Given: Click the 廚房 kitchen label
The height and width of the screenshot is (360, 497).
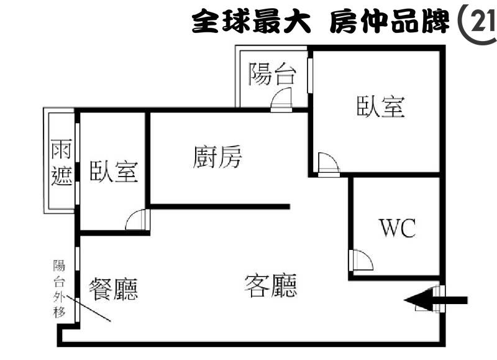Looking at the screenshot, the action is (217, 157).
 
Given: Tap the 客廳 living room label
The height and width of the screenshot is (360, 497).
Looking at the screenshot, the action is (271, 286).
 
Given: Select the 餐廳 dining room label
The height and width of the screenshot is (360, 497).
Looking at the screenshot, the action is (114, 289).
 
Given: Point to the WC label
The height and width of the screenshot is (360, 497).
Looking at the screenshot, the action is (398, 228).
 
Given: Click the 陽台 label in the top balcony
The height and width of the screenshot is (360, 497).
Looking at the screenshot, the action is (272, 74).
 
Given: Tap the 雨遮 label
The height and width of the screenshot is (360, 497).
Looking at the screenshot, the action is (62, 162).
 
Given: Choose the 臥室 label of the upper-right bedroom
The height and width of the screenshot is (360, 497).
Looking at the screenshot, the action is (381, 106).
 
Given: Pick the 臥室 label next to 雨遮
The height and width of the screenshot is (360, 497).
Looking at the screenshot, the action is (114, 171).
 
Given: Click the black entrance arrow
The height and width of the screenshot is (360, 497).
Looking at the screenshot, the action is (435, 300).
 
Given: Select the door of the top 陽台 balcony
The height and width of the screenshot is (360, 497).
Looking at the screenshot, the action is (281, 99).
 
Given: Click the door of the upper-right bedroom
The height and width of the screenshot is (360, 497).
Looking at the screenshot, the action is (329, 164).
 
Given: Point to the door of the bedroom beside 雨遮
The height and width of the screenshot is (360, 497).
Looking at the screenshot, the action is (137, 219).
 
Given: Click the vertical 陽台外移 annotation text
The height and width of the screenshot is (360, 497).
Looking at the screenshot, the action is (59, 288).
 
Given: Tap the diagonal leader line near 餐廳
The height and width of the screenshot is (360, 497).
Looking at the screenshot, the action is (88, 308).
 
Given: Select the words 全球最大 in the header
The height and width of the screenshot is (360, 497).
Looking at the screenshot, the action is (251, 21).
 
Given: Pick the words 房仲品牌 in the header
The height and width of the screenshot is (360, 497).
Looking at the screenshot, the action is (390, 21).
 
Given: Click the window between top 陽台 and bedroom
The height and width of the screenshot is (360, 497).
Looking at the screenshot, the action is (310, 75).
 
